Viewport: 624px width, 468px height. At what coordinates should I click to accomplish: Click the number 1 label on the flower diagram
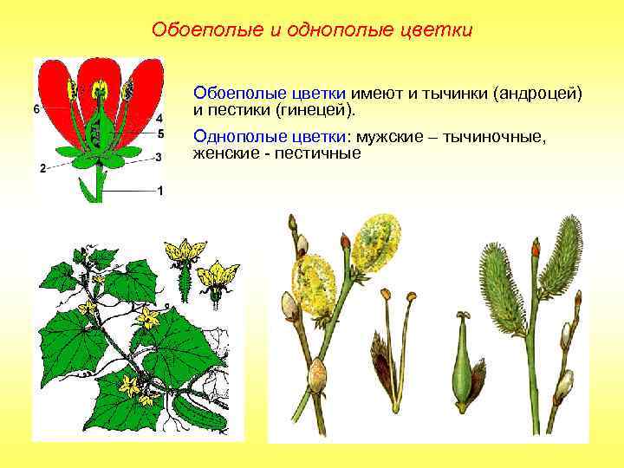click(159, 191)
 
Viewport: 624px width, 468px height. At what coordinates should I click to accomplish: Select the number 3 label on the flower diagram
click(159, 157)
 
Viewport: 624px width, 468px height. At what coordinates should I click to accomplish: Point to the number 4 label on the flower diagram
click(159, 118)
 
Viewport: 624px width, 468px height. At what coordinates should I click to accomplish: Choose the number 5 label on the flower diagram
click(159, 133)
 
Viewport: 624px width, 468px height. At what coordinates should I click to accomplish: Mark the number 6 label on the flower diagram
click(36, 109)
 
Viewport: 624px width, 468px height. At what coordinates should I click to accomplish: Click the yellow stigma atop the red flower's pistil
click(100, 87)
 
